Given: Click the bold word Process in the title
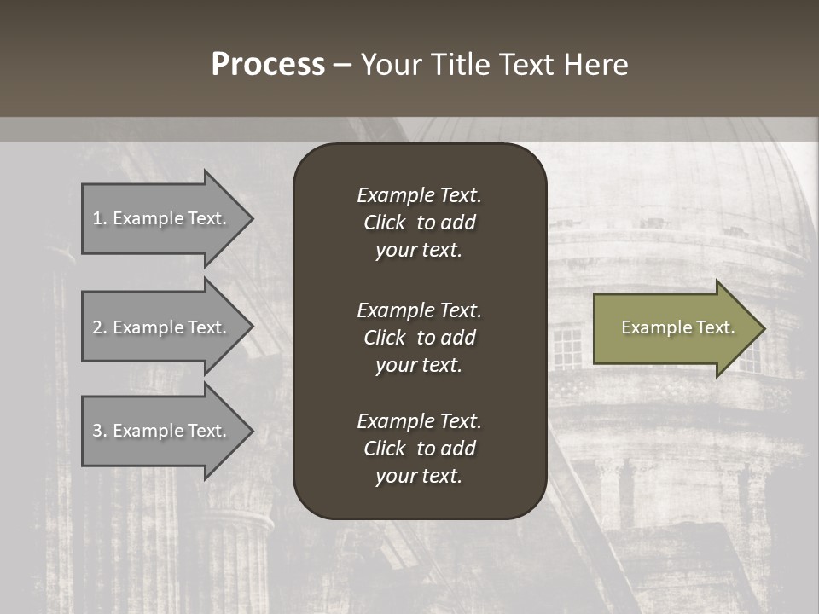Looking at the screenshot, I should [268, 65].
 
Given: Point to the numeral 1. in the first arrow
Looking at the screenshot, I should [100, 218].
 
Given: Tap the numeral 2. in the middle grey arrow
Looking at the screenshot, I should [100, 327].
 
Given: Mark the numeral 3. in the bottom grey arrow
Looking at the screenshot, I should [100, 431].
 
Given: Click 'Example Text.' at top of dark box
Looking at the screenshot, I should [419, 195].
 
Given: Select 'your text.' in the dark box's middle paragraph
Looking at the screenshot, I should [419, 365].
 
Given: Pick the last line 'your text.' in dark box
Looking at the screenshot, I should [419, 476].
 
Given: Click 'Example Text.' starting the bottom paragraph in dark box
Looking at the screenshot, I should [419, 421].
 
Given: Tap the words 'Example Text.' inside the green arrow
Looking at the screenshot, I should [678, 327].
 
